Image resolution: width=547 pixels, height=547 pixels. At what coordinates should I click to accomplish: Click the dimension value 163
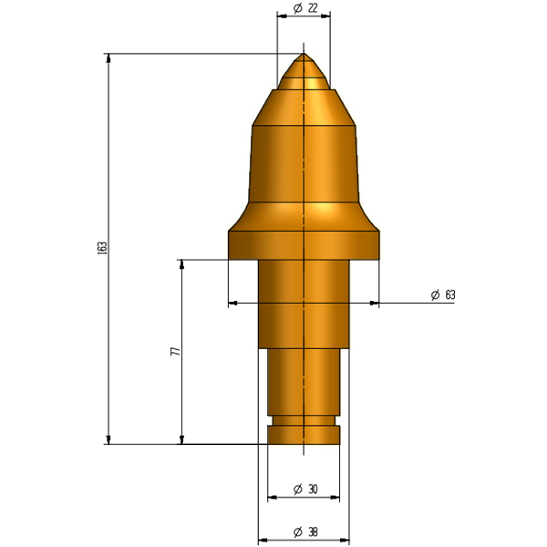pyautogui.click(x=102, y=248)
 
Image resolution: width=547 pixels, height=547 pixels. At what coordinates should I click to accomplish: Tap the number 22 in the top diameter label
pyautogui.click(x=313, y=7)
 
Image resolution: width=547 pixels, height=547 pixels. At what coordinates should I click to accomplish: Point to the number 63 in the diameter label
pyautogui.click(x=450, y=294)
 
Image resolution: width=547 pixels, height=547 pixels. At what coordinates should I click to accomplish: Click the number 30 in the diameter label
pyautogui.click(x=313, y=490)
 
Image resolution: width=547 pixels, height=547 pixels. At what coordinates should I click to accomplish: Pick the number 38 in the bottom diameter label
pyautogui.click(x=313, y=532)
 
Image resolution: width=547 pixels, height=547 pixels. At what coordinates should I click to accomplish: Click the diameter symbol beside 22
pyautogui.click(x=297, y=8)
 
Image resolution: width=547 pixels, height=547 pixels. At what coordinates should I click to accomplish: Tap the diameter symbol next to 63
pyautogui.click(x=435, y=295)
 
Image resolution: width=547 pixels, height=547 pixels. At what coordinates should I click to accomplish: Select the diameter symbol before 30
pyautogui.click(x=297, y=490)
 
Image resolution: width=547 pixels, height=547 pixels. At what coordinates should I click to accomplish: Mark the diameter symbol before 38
pyautogui.click(x=297, y=532)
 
